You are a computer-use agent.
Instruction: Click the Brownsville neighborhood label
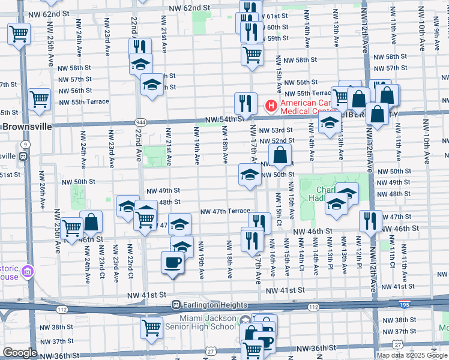tap(27, 127)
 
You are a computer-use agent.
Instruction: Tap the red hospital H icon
tap(270, 107)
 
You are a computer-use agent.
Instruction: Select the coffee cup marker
tap(173, 263)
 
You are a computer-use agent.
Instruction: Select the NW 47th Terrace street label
tap(225, 212)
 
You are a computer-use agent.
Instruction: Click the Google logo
tap(20, 353)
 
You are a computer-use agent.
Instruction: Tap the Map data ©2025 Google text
tap(412, 355)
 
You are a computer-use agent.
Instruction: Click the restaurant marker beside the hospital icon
tap(245, 103)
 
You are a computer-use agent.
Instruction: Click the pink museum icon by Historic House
tap(26, 272)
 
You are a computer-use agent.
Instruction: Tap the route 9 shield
tap(25, 145)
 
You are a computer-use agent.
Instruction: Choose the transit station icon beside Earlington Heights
tap(176, 304)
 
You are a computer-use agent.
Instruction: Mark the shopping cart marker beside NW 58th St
tap(253, 55)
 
